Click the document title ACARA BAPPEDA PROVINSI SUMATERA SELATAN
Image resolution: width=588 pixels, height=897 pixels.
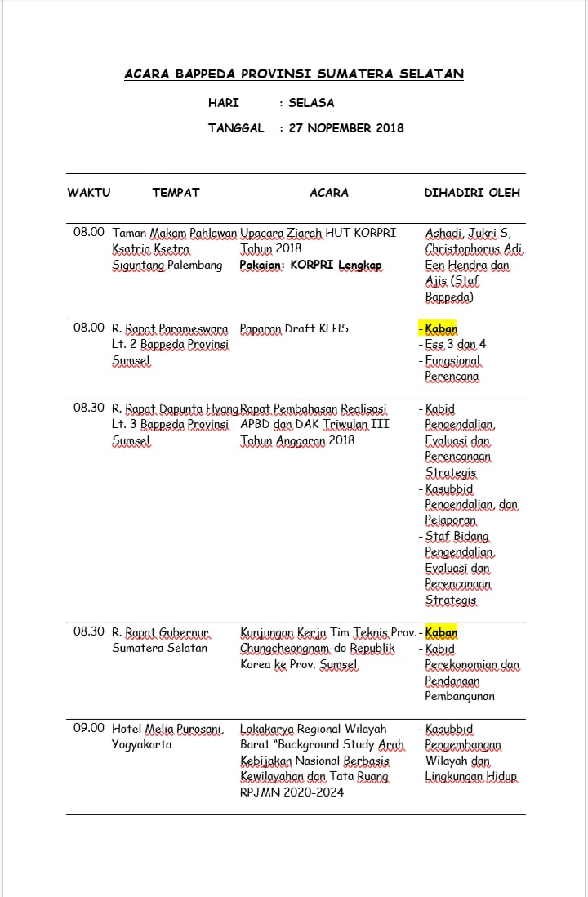(294, 74)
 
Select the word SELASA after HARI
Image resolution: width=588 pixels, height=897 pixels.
(311, 103)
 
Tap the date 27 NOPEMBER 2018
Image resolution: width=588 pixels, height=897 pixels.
(346, 127)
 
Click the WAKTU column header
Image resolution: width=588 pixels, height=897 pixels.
(88, 193)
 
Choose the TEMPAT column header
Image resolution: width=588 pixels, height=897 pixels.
(176, 193)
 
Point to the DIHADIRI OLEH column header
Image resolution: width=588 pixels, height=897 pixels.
(472, 193)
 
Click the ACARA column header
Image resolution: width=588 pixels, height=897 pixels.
(329, 193)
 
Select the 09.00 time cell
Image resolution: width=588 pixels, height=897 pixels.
(89, 728)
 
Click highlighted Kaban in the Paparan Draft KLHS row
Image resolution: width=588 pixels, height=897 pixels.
(441, 328)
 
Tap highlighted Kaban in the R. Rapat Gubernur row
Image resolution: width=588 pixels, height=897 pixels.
(441, 632)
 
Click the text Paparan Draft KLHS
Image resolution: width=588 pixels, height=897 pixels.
(294, 328)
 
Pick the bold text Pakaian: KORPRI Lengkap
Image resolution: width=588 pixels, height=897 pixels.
(310, 265)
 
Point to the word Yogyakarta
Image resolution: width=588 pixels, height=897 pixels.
(142, 744)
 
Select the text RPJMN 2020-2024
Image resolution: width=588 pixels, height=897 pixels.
(292, 792)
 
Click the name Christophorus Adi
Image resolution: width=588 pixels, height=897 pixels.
(474, 248)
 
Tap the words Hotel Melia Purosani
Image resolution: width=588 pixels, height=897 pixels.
(167, 728)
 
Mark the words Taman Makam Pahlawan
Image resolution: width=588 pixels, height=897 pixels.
(174, 233)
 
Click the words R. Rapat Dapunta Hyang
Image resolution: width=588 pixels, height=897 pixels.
(175, 408)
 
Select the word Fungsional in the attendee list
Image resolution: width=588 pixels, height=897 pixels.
(453, 360)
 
